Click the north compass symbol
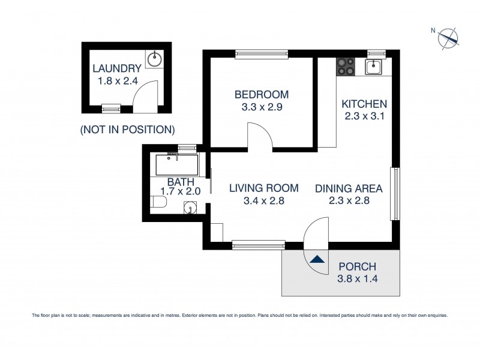coord(448,38)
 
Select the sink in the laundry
coord(155,58)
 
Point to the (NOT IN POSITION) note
coord(127,129)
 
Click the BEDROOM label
coord(261,94)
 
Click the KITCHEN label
coord(364,104)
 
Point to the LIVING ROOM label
coord(256,188)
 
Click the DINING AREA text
coord(349,188)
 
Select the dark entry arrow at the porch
coord(318,260)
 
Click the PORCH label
coord(357,266)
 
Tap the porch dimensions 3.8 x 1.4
coord(357,279)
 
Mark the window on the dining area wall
coord(395,194)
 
